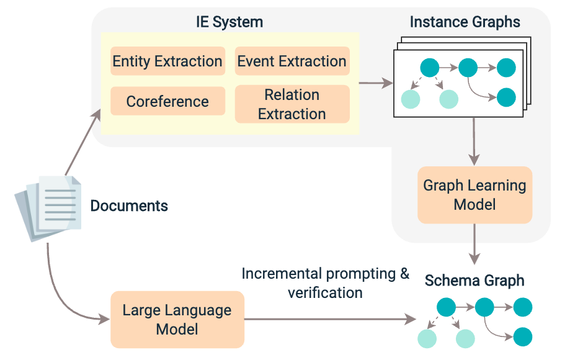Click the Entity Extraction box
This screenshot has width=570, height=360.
coord(167,61)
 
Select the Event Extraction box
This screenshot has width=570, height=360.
coord(292,61)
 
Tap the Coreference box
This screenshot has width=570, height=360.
coord(167,101)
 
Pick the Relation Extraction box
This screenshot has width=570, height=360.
coord(292,104)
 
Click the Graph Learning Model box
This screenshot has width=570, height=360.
coord(474,195)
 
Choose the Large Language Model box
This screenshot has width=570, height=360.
coord(177,319)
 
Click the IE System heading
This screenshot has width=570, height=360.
coord(229,22)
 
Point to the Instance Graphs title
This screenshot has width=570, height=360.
coord(465,22)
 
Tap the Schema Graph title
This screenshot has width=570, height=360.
coord(474,281)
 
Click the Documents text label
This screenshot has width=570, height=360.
coord(129,205)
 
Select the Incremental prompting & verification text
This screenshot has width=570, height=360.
coord(325,282)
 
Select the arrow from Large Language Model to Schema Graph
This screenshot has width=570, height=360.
coord(329,319)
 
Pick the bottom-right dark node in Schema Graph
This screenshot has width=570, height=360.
coord(523,336)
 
